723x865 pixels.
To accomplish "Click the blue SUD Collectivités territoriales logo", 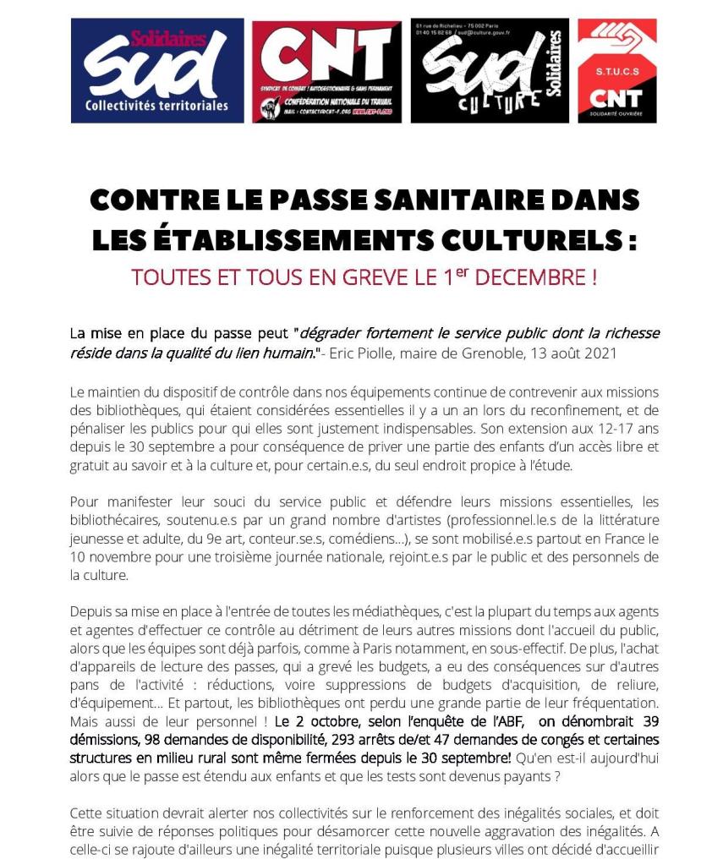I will [157, 71].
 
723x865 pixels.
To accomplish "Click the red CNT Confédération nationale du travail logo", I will [326, 71].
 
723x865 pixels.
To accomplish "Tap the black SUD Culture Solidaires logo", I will [489, 71].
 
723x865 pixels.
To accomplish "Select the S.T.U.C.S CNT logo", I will [616, 71].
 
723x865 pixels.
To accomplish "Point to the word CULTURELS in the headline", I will [527, 240].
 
